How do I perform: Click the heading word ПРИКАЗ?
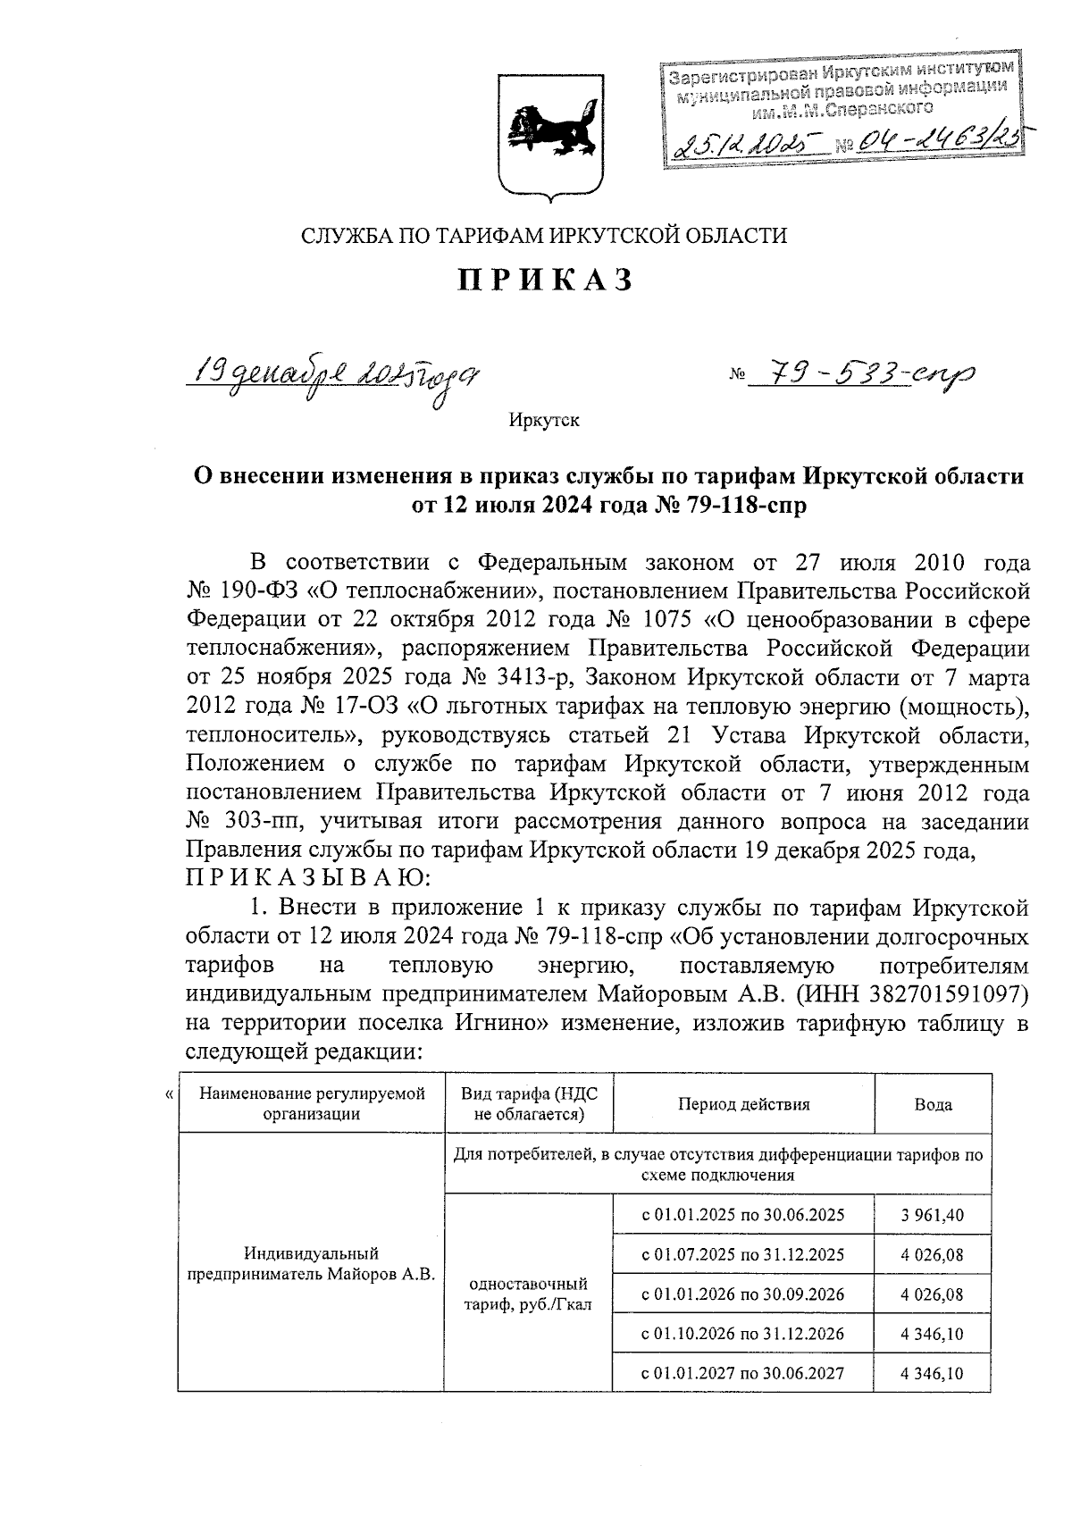tap(545, 281)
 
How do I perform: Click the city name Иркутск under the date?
tap(544, 420)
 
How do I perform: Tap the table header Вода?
tap(933, 1104)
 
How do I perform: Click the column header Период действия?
tap(743, 1104)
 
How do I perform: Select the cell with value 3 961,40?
tap(933, 1215)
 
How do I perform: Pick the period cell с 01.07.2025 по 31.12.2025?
tap(743, 1254)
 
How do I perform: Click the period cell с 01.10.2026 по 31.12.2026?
tap(743, 1334)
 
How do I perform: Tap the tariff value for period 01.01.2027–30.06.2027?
tap(933, 1373)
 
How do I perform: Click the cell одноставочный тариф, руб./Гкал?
tap(528, 1294)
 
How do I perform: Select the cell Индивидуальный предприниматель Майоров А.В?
tap(311, 1264)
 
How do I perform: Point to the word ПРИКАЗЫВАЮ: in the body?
tap(308, 878)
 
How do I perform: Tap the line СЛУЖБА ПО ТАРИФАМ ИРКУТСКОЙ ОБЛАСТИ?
tap(544, 236)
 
